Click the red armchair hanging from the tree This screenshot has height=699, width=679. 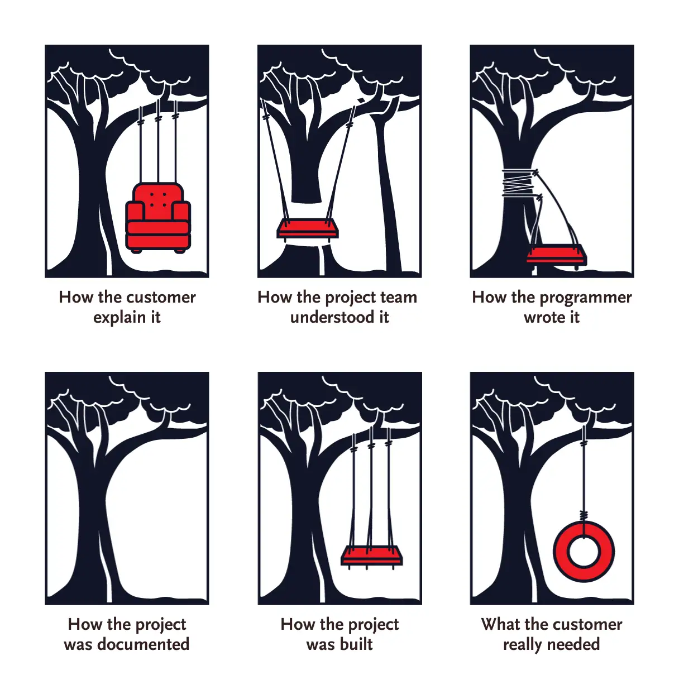click(157, 218)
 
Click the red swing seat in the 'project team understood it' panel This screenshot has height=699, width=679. click(308, 228)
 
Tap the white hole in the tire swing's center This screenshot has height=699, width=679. click(584, 552)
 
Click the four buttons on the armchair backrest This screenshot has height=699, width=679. click(158, 200)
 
